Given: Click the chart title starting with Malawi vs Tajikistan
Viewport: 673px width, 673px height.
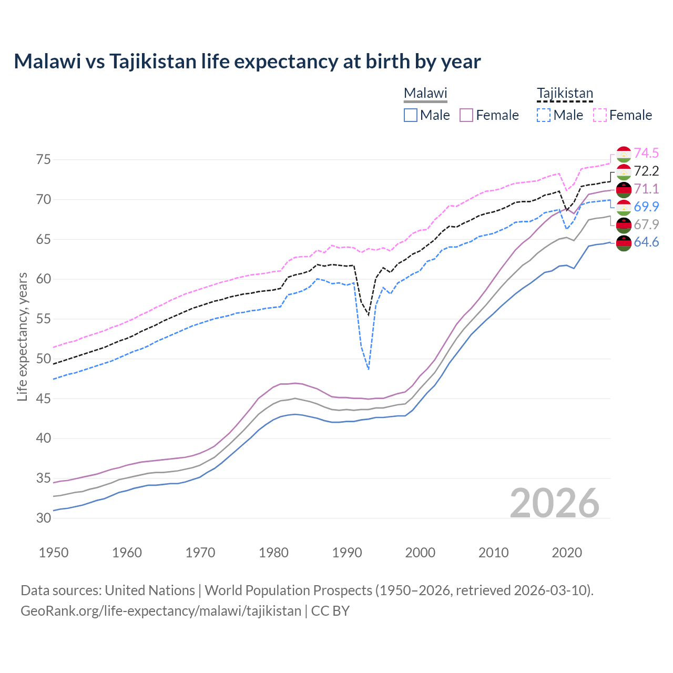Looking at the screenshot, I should (x=247, y=62).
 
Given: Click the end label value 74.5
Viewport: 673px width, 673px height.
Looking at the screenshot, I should (x=646, y=153).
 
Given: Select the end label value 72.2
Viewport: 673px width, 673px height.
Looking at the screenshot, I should (x=646, y=171).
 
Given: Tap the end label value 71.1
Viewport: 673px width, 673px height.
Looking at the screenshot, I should (x=646, y=189).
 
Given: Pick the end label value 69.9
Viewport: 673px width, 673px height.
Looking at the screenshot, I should (x=646, y=207).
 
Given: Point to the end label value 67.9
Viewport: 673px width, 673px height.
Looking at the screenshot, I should (x=646, y=225).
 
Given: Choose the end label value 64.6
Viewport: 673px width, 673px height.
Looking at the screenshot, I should (x=646, y=242).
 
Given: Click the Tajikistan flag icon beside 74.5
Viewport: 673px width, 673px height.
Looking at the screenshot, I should (x=624, y=154).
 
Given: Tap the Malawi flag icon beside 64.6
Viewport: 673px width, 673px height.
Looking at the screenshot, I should (x=624, y=243).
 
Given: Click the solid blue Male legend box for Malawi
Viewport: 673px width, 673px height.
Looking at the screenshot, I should (x=411, y=115).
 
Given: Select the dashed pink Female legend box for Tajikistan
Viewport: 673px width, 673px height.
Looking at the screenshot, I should (x=600, y=115).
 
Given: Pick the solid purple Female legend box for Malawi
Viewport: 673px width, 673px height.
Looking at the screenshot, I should (x=466, y=115).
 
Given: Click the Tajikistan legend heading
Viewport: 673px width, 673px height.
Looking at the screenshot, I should (x=565, y=94).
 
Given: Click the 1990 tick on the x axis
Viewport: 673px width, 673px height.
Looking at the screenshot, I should (x=347, y=553).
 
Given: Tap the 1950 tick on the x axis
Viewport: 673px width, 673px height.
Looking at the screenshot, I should (x=54, y=553).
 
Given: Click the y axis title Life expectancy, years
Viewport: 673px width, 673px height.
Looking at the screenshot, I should (x=22, y=336).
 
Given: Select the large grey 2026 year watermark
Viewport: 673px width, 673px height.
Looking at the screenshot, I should (x=555, y=503).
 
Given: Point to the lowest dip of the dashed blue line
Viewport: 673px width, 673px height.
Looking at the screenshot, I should (x=369, y=370).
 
